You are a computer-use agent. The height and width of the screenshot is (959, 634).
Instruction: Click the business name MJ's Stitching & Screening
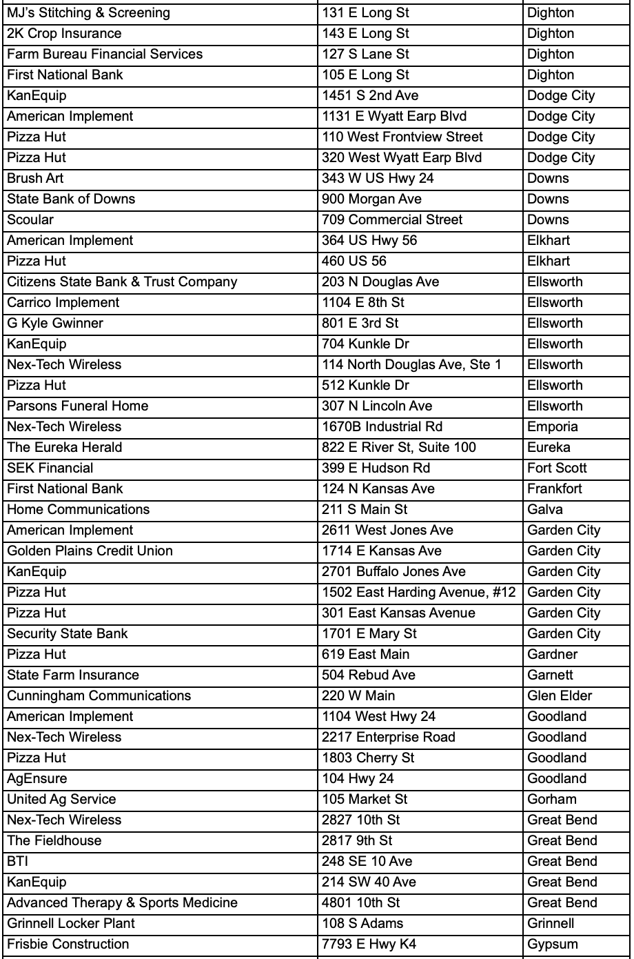pyautogui.click(x=88, y=13)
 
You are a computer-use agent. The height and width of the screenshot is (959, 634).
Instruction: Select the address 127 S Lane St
pyautogui.click(x=365, y=55)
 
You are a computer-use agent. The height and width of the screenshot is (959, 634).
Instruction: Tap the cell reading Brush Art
pyautogui.click(x=35, y=179)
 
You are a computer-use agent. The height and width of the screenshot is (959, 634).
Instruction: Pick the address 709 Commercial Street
pyautogui.click(x=392, y=220)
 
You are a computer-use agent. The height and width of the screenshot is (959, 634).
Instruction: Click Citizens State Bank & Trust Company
pyautogui.click(x=122, y=282)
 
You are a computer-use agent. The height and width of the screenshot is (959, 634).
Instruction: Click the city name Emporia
pyautogui.click(x=553, y=427)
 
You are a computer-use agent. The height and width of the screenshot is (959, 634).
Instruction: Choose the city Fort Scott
pyautogui.click(x=557, y=468)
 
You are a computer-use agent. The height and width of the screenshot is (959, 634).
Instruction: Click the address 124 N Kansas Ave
pyautogui.click(x=378, y=489)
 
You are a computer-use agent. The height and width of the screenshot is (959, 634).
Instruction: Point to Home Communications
pyautogui.click(x=78, y=510)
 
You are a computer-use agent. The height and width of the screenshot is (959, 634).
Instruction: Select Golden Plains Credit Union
pyautogui.click(x=90, y=551)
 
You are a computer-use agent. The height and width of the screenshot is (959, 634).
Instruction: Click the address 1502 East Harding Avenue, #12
pyautogui.click(x=419, y=593)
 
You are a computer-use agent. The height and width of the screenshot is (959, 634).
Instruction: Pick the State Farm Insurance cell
pyautogui.click(x=72, y=675)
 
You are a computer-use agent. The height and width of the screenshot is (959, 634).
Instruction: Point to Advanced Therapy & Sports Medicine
pyautogui.click(x=122, y=903)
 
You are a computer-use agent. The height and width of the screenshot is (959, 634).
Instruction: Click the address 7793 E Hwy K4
pyautogui.click(x=373, y=945)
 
